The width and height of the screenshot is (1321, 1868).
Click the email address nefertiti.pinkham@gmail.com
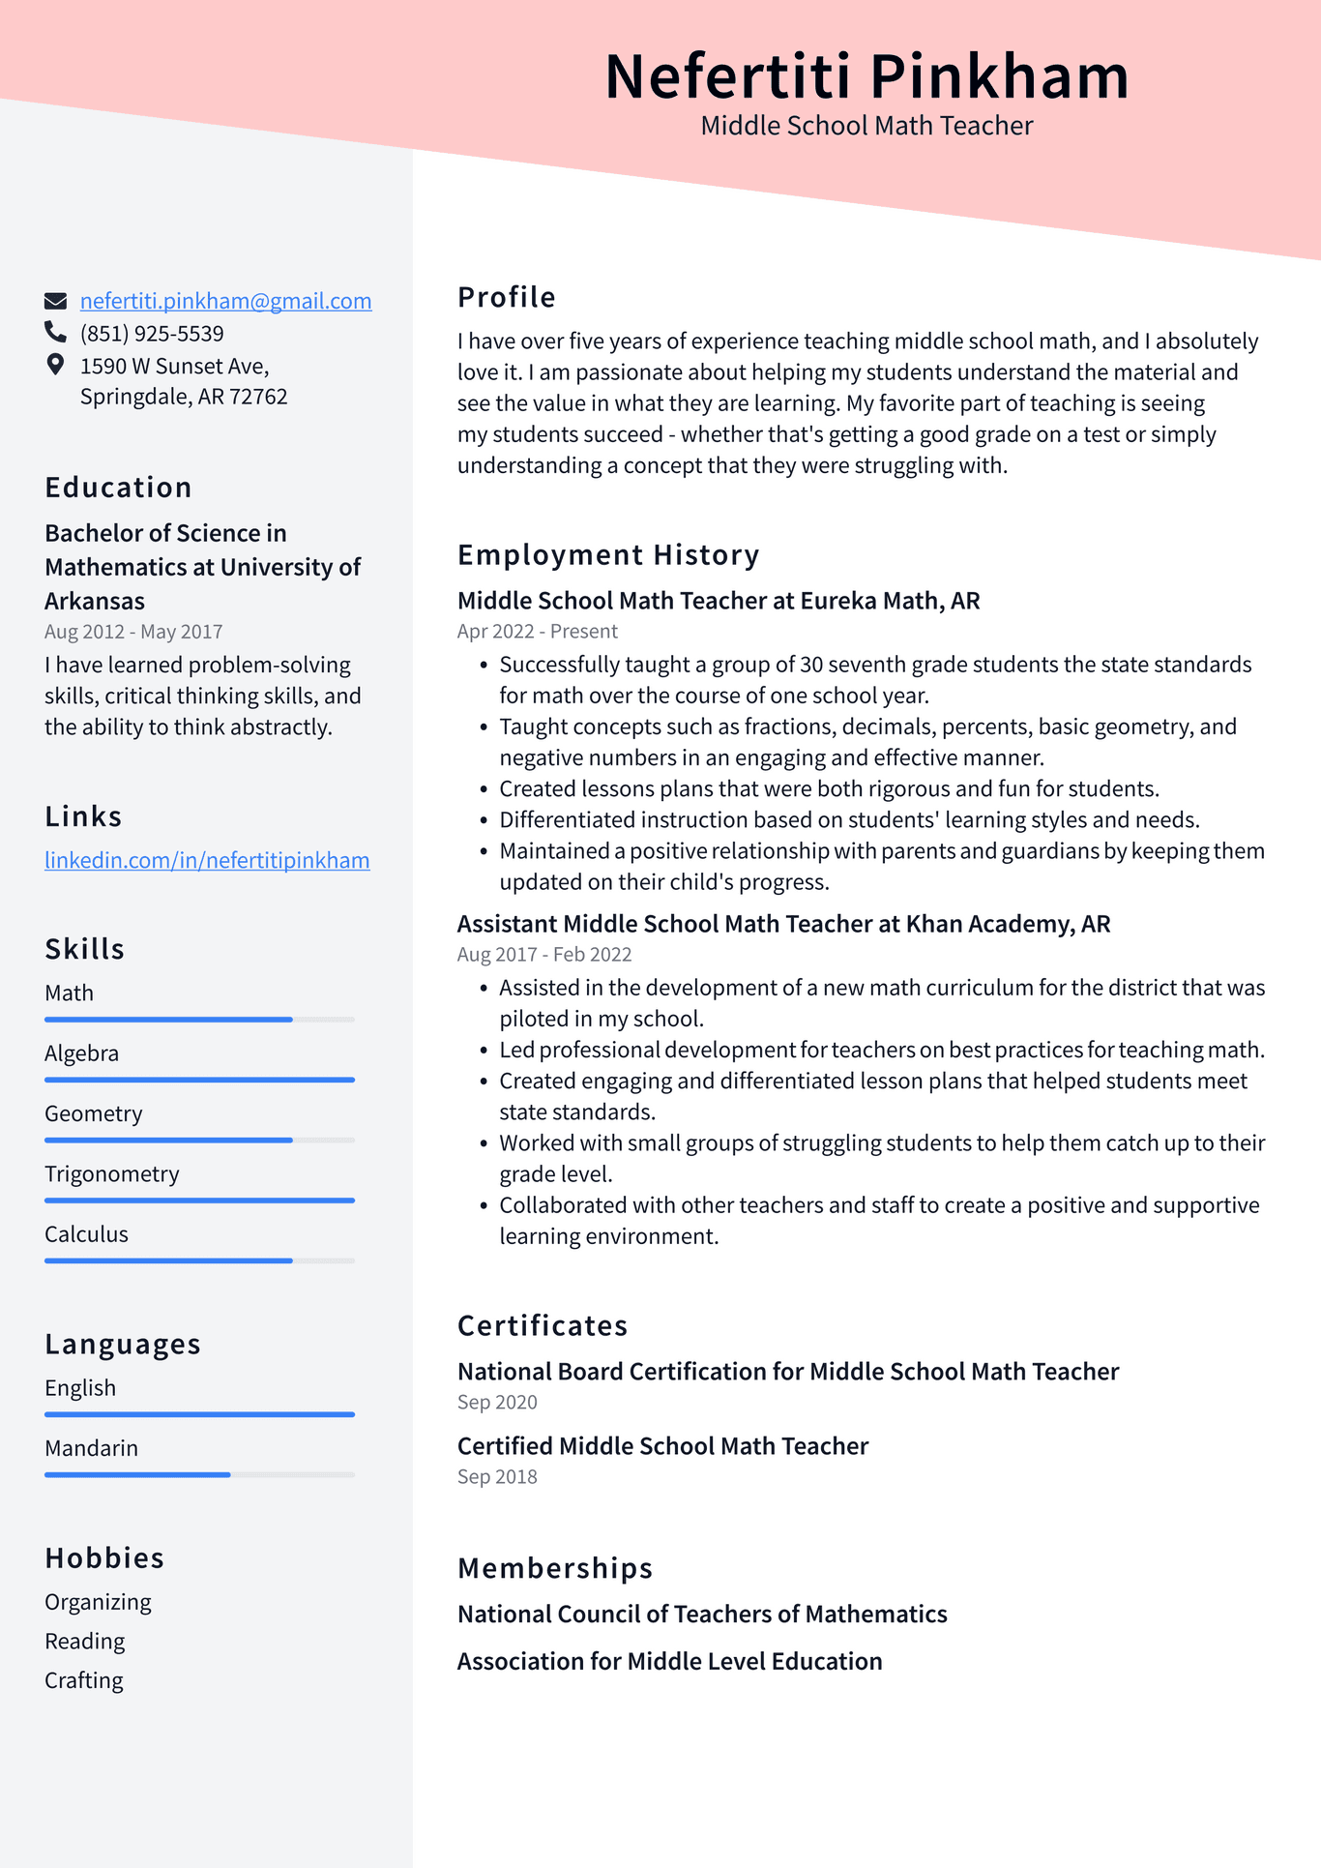click(225, 301)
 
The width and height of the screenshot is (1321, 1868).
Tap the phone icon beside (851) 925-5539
click(55, 333)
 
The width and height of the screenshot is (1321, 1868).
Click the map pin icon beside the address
click(55, 365)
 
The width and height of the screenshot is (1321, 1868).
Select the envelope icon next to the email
click(55, 301)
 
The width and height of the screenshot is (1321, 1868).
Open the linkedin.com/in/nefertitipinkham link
click(207, 860)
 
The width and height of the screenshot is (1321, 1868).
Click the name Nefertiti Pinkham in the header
click(866, 76)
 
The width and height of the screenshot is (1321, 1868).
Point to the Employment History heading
click(608, 555)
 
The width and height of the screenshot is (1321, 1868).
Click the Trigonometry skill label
click(112, 1173)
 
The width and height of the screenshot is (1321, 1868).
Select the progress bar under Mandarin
click(199, 1474)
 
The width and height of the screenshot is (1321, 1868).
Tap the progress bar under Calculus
click(199, 1260)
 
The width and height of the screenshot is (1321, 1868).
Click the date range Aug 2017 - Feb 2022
click(544, 954)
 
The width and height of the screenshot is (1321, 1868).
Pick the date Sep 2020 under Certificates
click(497, 1402)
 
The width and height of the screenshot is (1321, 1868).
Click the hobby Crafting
click(84, 1680)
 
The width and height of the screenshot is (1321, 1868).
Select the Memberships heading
click(555, 1567)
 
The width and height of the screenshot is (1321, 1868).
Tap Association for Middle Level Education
click(669, 1661)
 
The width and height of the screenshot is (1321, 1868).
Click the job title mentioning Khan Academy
click(783, 924)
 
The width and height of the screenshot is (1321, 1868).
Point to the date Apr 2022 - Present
click(538, 631)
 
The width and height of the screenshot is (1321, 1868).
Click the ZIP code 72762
click(258, 397)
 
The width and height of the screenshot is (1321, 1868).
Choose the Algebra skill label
click(82, 1053)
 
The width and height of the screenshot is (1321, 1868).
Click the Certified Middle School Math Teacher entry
click(662, 1446)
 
